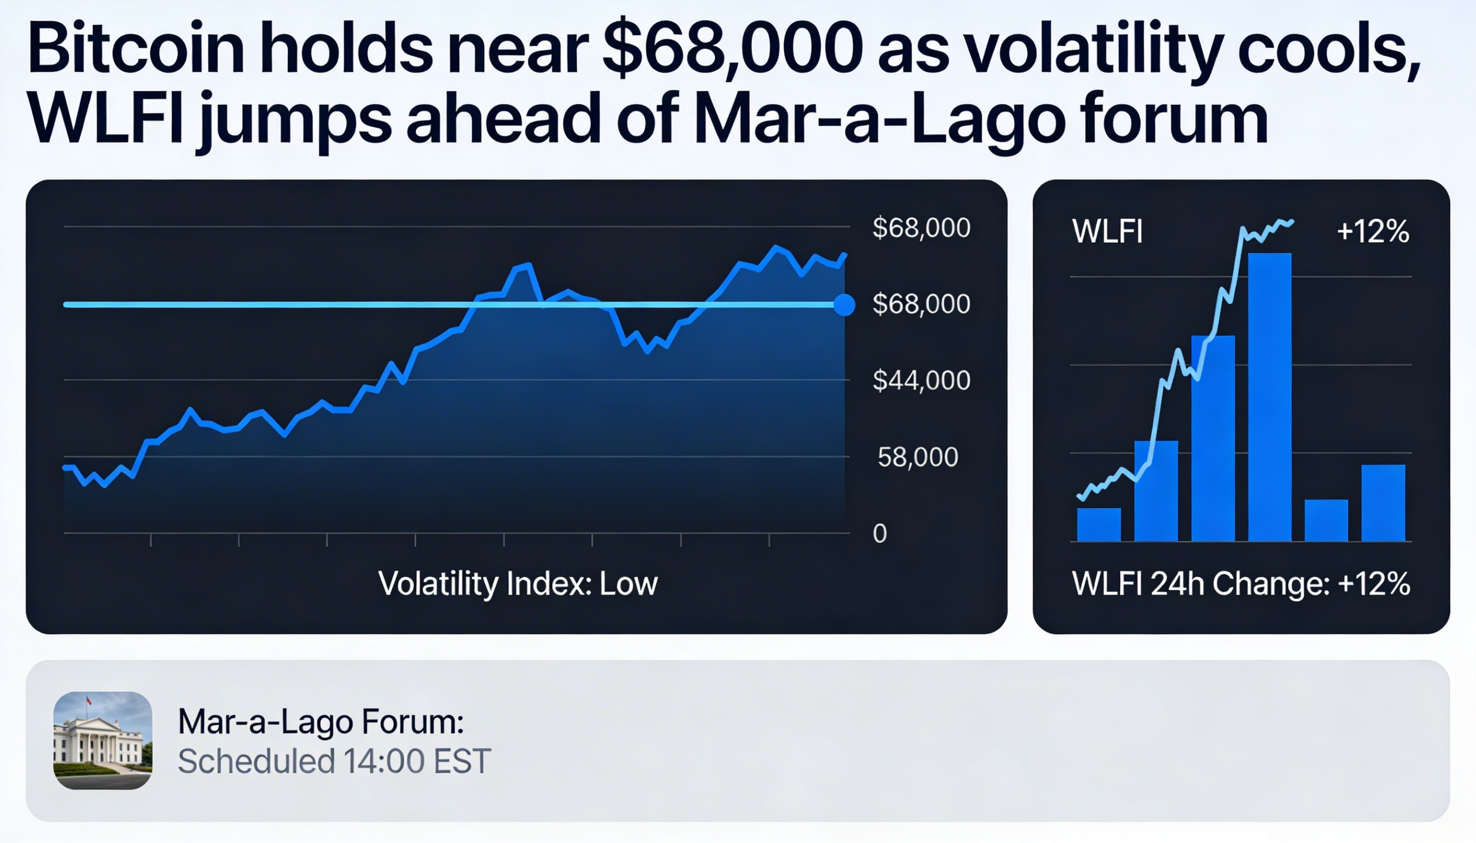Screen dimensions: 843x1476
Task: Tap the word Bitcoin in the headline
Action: tap(135, 48)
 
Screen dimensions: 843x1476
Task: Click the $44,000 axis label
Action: tap(921, 380)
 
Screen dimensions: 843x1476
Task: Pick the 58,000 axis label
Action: tap(917, 458)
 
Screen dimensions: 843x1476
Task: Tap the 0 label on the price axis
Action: tap(879, 534)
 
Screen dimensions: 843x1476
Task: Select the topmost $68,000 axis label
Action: tap(921, 228)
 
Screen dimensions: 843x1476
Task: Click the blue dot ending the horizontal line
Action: tap(844, 305)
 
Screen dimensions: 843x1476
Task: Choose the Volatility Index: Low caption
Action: tap(518, 584)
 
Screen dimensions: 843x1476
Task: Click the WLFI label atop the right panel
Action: tap(1107, 232)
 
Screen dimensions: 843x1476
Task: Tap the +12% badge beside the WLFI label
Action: tap(1372, 232)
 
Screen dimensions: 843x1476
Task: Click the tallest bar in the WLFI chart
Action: tap(1269, 396)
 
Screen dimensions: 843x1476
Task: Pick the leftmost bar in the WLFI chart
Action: tap(1098, 524)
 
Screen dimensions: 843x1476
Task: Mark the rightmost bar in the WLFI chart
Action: tap(1383, 502)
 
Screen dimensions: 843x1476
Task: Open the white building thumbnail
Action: tap(103, 740)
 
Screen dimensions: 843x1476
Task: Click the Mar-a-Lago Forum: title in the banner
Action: tap(321, 722)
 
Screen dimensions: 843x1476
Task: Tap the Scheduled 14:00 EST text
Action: tap(334, 761)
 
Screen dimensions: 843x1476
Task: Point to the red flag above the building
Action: tap(89, 700)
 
